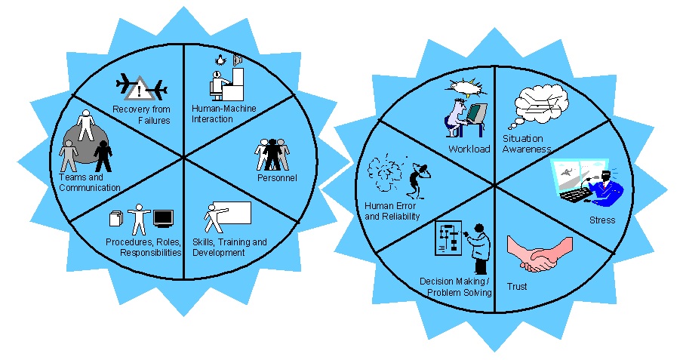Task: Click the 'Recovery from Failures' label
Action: (x=141, y=114)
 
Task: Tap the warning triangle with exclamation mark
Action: (x=138, y=92)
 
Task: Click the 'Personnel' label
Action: (x=276, y=177)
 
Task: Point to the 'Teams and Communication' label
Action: (x=89, y=182)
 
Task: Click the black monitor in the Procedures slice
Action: (x=164, y=218)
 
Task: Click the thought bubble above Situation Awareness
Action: (x=537, y=108)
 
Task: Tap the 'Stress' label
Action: (x=601, y=220)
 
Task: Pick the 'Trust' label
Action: (x=517, y=287)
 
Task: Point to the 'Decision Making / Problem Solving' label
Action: (x=455, y=287)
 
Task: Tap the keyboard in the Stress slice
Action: (x=577, y=194)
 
